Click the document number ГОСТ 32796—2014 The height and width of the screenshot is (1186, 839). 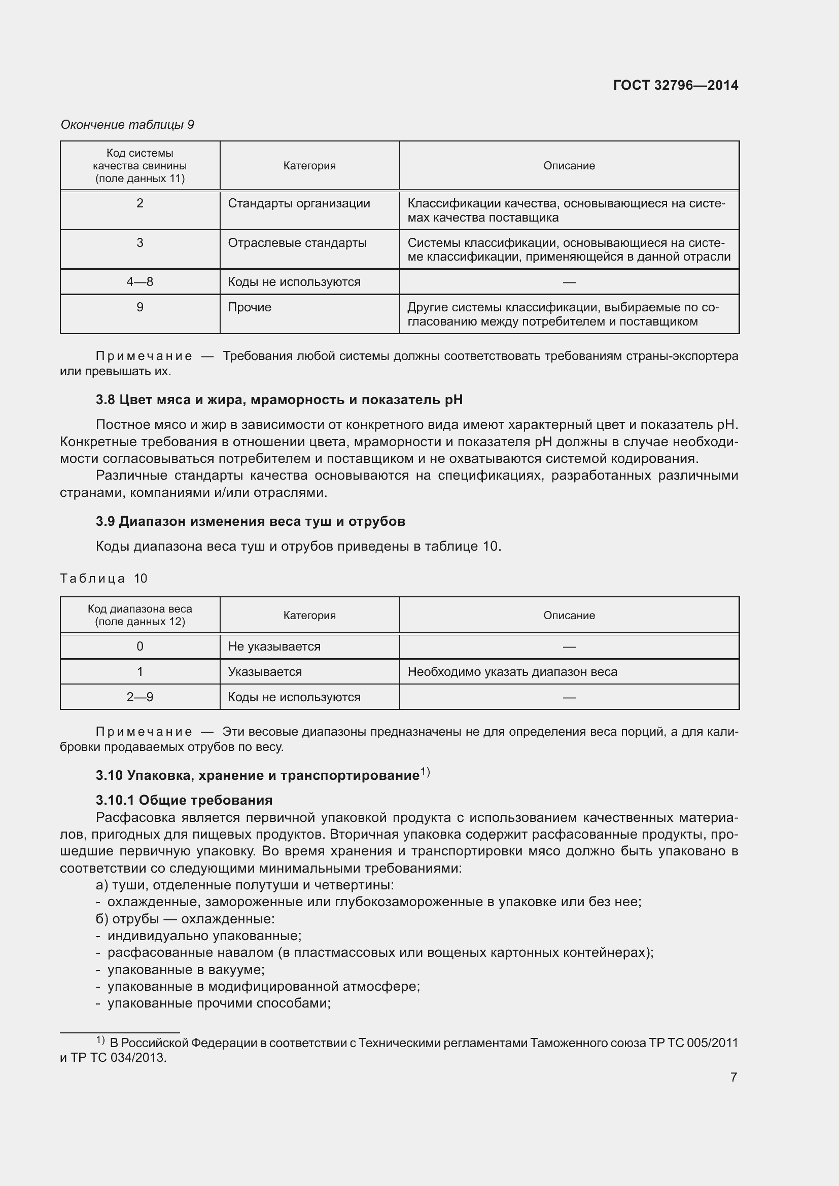tap(675, 85)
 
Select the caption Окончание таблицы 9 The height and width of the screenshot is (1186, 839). tap(127, 125)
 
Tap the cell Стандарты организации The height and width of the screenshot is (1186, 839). tap(299, 203)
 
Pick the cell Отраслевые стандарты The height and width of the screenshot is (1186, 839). tap(297, 243)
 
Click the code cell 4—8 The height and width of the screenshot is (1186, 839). tap(139, 282)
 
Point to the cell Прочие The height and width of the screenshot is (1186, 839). tap(250, 307)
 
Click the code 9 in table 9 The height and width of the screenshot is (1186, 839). tap(139, 307)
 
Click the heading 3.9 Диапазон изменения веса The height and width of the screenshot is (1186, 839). tap(250, 521)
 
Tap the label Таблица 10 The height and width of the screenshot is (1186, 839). tap(104, 578)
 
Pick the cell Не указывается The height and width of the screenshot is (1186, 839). tap(274, 646)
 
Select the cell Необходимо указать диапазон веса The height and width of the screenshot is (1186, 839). tap(512, 671)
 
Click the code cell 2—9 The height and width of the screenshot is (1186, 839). tap(139, 697)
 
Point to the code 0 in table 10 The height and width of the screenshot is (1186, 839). tap(139, 646)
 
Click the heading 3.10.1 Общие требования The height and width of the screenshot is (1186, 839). tap(184, 800)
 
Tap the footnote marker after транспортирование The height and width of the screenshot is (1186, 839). tap(425, 772)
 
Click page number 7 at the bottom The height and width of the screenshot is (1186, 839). tap(733, 1077)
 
